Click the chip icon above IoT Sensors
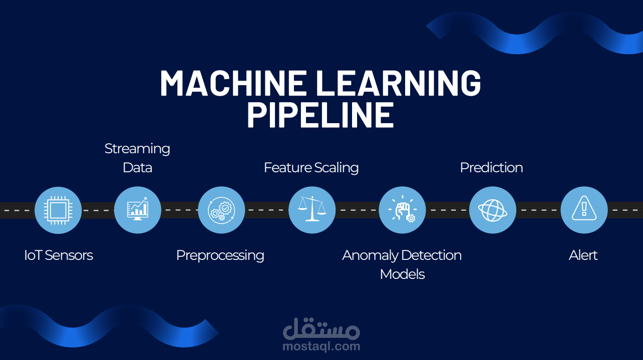[x=58, y=210]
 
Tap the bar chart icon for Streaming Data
[x=138, y=210]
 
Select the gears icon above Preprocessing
[x=221, y=210]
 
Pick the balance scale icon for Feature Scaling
[x=311, y=210]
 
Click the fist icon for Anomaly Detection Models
[x=402, y=210]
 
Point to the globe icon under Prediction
[x=492, y=210]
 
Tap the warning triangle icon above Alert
[x=583, y=210]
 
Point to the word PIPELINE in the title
[x=320, y=114]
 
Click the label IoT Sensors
[x=59, y=255]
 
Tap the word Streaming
[x=137, y=149]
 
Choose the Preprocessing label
[x=220, y=255]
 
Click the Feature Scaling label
[x=311, y=167]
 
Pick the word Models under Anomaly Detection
[x=402, y=274]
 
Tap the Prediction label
[x=491, y=167]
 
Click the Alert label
[x=583, y=255]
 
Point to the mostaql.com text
[x=321, y=346]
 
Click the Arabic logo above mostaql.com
[x=321, y=328]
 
